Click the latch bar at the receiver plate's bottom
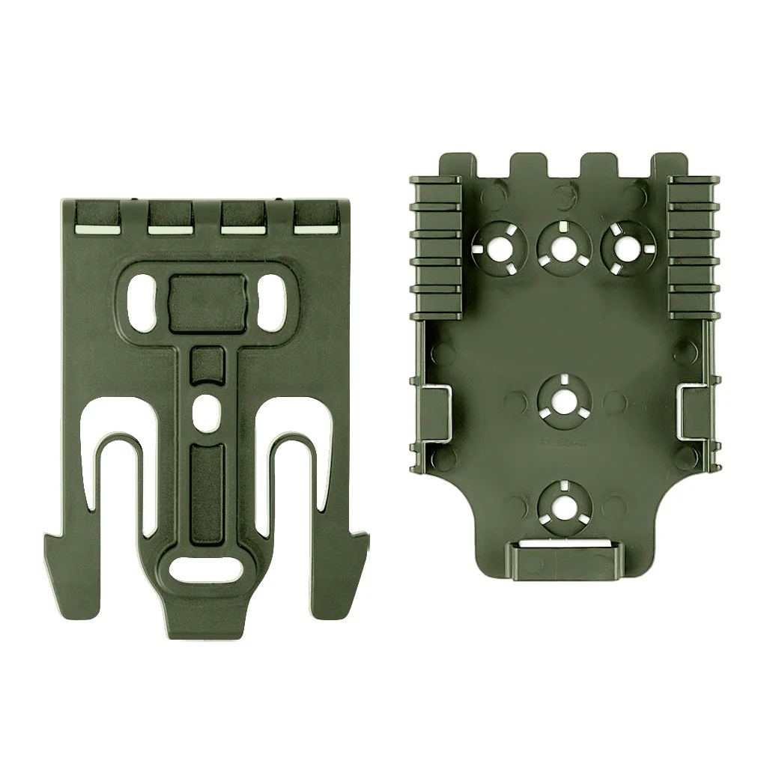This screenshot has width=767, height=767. [560, 558]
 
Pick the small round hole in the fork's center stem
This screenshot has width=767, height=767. [207, 409]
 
